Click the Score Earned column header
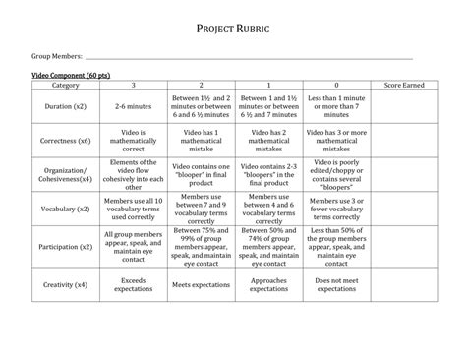[404, 87]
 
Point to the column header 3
[134, 87]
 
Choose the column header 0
[336, 87]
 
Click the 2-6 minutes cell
[134, 104]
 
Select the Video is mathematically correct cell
[134, 140]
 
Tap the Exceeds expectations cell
[134, 285]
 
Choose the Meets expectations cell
[201, 285]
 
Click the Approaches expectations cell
[268, 285]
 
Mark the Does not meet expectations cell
[336, 285]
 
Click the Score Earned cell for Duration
[404, 104]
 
